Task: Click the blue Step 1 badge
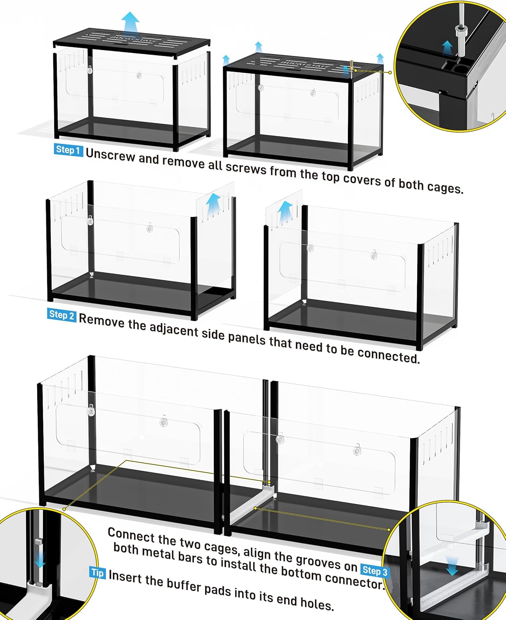tap(68, 150)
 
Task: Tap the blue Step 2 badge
tap(62, 315)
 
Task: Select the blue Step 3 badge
tap(375, 571)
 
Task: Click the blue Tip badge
tap(97, 572)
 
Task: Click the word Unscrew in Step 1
tap(110, 155)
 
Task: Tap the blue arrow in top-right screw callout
tap(447, 47)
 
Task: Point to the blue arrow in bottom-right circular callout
tap(451, 565)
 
